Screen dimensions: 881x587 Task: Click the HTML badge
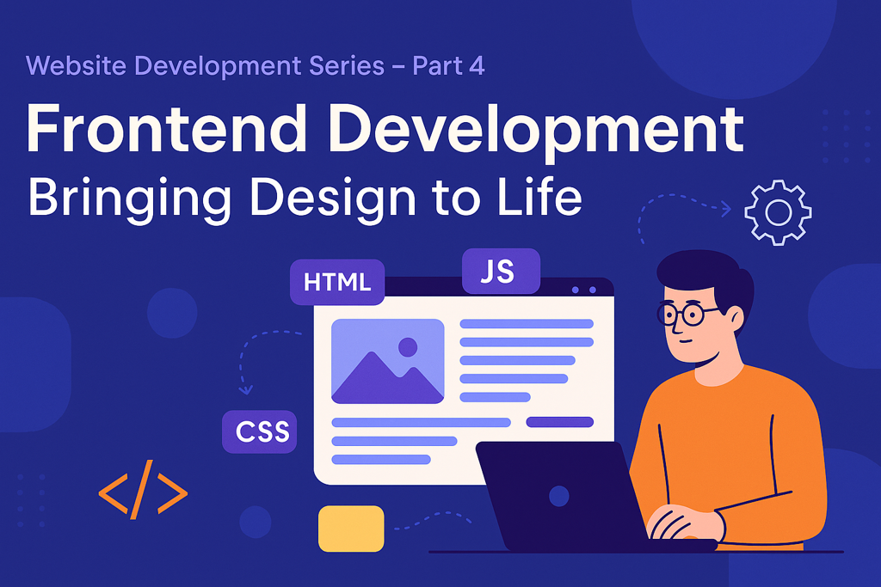[x=337, y=282]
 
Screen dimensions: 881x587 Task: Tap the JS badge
[x=501, y=271]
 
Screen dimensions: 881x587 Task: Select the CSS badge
[x=260, y=431]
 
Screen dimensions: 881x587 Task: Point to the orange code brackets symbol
[x=143, y=489]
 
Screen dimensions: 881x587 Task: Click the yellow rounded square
[x=351, y=528]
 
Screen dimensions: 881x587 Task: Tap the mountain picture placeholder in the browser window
[x=388, y=362]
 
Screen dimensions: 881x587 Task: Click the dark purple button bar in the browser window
[x=559, y=422]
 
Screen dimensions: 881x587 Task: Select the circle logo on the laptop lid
[x=559, y=496]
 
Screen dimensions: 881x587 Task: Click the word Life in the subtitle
[x=539, y=197]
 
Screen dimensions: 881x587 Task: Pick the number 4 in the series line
[x=477, y=65]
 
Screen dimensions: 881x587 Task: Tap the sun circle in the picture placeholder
[x=408, y=347]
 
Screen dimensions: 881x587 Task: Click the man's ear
[x=736, y=319]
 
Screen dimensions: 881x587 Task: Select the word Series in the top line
[x=347, y=65]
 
